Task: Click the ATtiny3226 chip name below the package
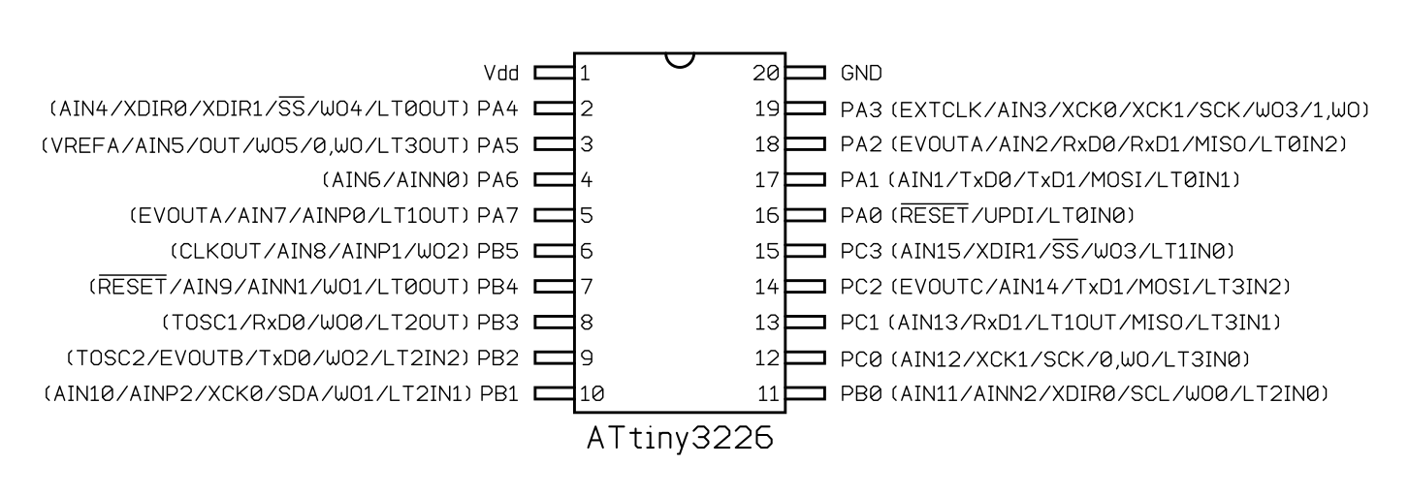[x=680, y=439]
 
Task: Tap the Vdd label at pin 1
[x=500, y=74]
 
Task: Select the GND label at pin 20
[x=861, y=74]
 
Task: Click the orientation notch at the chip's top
[x=680, y=62]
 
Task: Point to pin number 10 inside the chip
[x=592, y=394]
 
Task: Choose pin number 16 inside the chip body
[x=767, y=216]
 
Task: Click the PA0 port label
[x=861, y=216]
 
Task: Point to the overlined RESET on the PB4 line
[x=132, y=286]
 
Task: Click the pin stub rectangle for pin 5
[x=554, y=216]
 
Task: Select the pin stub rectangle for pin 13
[x=805, y=323]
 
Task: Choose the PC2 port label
[x=861, y=288]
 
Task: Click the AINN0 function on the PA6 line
[x=433, y=180]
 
